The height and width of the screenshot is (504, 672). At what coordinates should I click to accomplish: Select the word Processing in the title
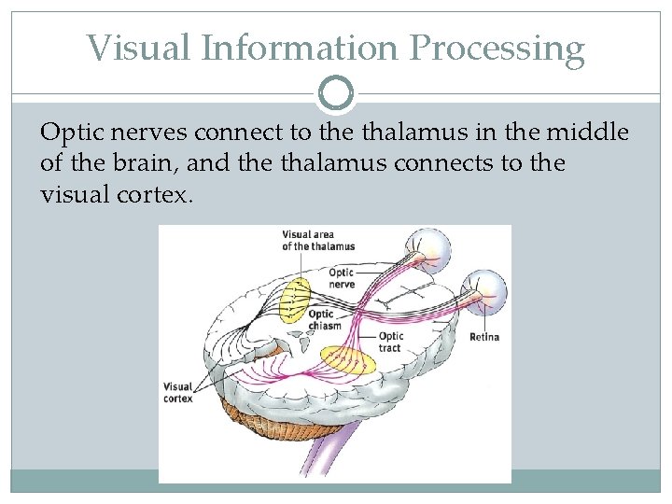(504, 49)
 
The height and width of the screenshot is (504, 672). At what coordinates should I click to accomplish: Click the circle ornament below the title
(336, 91)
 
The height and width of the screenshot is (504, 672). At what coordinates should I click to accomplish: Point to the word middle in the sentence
(587, 133)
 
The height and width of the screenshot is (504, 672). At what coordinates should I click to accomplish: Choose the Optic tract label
(390, 342)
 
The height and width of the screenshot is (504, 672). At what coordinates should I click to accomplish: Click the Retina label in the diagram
(483, 337)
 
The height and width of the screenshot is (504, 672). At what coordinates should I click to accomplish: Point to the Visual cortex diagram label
(177, 392)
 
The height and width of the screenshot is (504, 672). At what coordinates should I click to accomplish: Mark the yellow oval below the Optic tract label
(347, 360)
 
